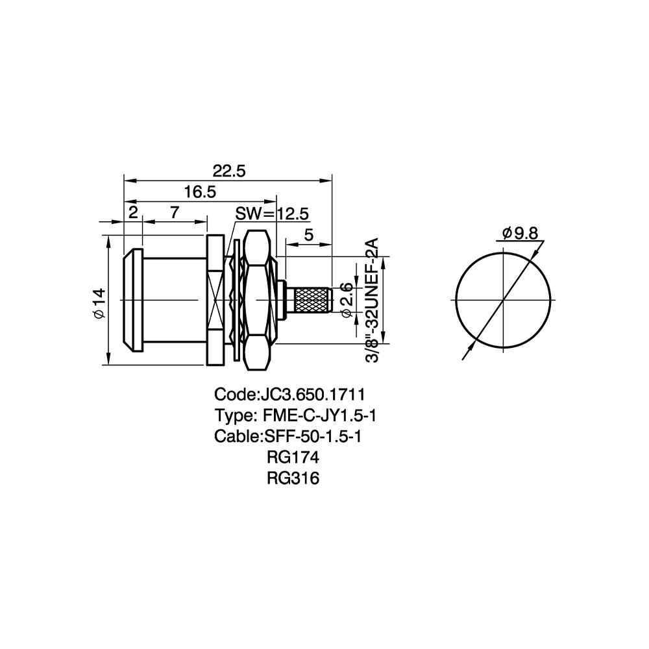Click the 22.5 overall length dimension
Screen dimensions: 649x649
click(x=229, y=171)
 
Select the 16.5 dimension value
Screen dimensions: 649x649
click(x=200, y=192)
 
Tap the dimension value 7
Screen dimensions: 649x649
click(x=175, y=212)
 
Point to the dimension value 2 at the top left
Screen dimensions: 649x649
click(x=133, y=212)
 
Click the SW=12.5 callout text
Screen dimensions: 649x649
click(x=272, y=214)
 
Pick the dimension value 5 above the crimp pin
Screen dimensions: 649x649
click(x=309, y=235)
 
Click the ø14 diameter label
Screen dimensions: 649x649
click(x=100, y=303)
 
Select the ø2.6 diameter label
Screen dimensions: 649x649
click(x=346, y=300)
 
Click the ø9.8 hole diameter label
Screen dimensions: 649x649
click(x=520, y=234)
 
